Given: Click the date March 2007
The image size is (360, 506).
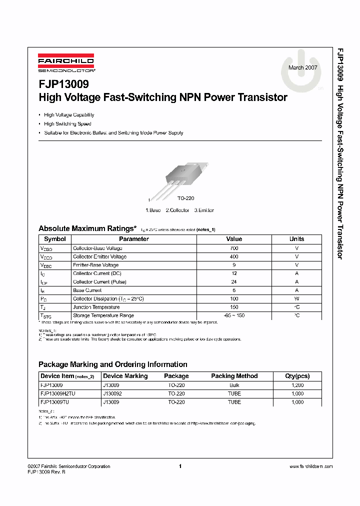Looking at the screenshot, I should click(303, 67).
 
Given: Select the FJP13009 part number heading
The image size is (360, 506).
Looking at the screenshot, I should click(63, 85).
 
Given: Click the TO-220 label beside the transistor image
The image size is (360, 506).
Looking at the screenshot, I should click(185, 198).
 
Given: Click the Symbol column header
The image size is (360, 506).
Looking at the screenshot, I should click(55, 239).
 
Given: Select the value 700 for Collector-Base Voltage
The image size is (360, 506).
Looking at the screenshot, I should click(234, 248).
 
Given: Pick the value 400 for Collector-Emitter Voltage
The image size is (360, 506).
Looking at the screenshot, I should click(234, 256).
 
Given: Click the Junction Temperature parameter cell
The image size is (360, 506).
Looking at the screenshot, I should click(96, 307).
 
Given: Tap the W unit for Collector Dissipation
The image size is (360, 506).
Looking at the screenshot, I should click(296, 299).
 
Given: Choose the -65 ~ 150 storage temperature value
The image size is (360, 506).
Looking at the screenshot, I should click(234, 316).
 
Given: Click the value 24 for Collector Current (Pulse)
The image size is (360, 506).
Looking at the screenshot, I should click(234, 282).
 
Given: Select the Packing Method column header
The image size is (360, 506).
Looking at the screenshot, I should click(234, 376).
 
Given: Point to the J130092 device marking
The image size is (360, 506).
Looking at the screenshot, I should click(112, 393).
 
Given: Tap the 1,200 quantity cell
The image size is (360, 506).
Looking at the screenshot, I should click(297, 385).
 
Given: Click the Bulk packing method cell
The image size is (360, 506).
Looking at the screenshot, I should click(234, 385).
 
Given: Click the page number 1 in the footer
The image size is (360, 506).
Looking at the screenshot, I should click(179, 466).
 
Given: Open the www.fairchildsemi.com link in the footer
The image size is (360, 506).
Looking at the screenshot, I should click(310, 466).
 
